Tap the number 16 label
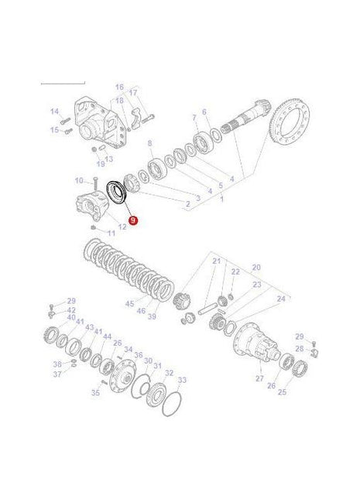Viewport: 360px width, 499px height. pyautogui.click(x=120, y=87)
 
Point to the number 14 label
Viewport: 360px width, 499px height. pyautogui.click(x=55, y=111)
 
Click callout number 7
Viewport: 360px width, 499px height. pyautogui.click(x=194, y=117)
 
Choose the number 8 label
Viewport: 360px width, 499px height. pyautogui.click(x=150, y=145)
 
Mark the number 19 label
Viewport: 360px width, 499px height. pyautogui.click(x=100, y=164)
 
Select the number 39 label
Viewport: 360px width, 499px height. pyautogui.click(x=153, y=316)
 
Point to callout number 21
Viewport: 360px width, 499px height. pyautogui.click(x=217, y=261)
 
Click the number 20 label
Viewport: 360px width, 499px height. pyautogui.click(x=256, y=267)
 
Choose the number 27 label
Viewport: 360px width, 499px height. pyautogui.click(x=259, y=379)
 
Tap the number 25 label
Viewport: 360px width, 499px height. pyautogui.click(x=282, y=393)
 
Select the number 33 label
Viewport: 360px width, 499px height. pyautogui.click(x=182, y=380)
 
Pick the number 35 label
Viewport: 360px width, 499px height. pyautogui.click(x=95, y=392)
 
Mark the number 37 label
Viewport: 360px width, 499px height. pyautogui.click(x=56, y=374)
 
